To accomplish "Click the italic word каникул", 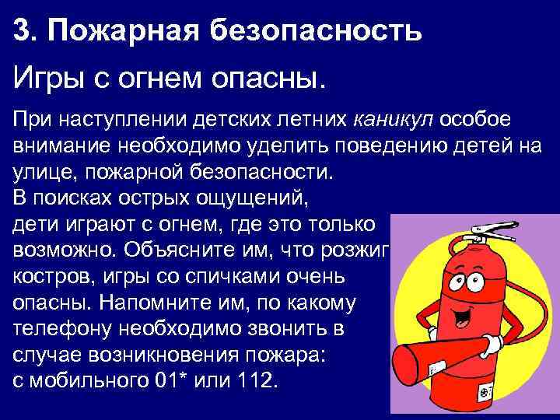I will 394,121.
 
